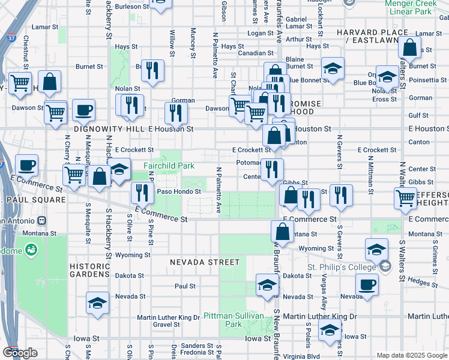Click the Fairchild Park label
[x=169, y=165]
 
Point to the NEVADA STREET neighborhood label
[x=204, y=262]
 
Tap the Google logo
[x=20, y=353]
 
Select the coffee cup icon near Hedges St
[x=367, y=285]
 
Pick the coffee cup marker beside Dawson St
[x=83, y=110]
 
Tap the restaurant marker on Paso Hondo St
[x=142, y=193]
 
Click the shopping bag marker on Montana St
[x=282, y=231]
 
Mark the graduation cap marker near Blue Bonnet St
[x=332, y=68]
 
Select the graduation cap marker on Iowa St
[x=330, y=331]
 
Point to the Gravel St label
[x=166, y=325]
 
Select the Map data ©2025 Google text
[x=411, y=355]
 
